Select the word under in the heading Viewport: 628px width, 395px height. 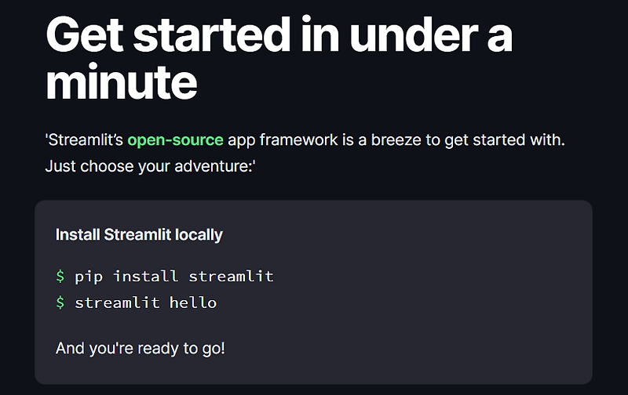coord(408,34)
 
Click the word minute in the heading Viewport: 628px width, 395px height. coord(122,83)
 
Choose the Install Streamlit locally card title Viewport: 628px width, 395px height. coord(139,234)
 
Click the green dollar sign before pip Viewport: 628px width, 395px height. coord(60,276)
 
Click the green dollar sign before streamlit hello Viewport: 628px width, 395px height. coord(60,303)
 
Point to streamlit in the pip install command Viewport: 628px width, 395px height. coord(232,276)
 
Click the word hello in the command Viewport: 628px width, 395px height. coord(193,303)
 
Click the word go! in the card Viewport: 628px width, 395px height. coord(212,347)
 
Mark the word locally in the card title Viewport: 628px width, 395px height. coord(199,234)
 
